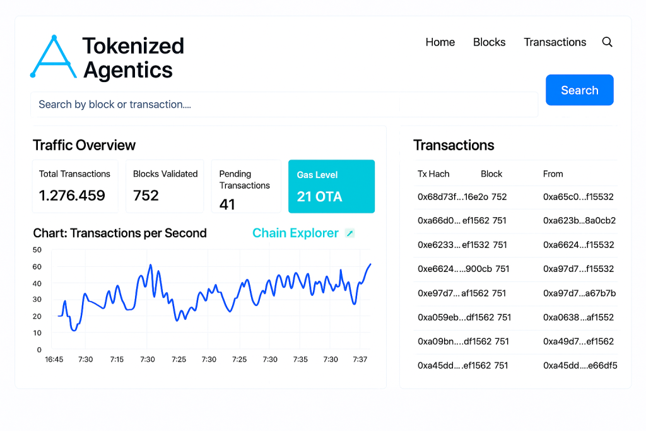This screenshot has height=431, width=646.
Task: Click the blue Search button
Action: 579,90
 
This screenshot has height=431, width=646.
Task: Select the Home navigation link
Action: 440,42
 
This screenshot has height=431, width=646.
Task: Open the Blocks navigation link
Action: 489,42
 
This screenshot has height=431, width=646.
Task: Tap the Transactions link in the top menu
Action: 555,42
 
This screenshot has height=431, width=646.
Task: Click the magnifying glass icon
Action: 608,42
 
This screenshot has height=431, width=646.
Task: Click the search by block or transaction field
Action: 284,105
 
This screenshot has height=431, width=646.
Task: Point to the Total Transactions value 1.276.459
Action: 72,196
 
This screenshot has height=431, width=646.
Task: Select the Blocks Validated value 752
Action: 146,196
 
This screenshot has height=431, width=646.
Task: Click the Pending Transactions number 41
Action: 227,204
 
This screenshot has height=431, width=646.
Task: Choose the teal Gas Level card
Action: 331,186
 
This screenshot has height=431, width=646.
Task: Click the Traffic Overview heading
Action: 84,145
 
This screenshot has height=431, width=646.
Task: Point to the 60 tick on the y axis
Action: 37,266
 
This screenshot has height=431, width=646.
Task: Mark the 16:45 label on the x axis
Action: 54,360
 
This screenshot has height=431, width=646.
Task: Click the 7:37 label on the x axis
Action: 360,360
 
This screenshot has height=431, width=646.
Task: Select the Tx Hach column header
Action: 433,174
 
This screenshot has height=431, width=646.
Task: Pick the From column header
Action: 553,174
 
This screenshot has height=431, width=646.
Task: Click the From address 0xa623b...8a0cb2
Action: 579,221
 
